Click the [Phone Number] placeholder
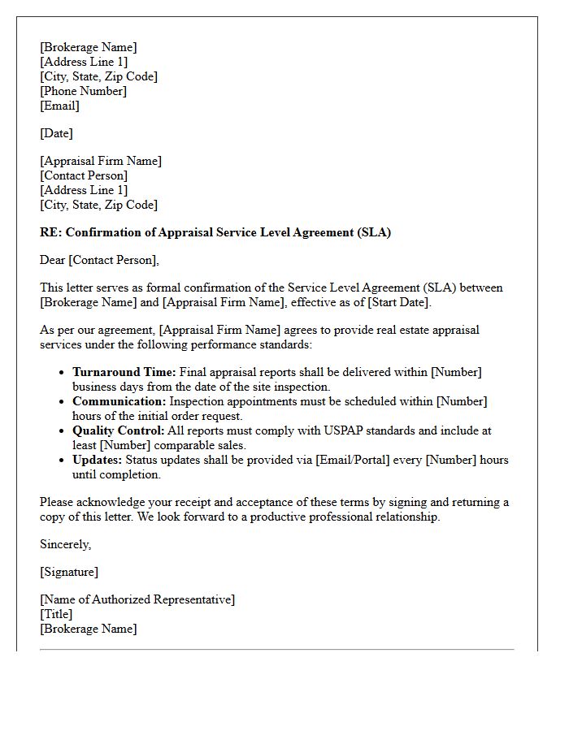click(83, 91)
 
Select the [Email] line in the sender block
click(59, 106)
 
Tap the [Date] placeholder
click(56, 133)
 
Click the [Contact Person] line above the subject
click(84, 175)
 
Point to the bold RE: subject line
click(215, 232)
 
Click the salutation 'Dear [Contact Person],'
click(99, 260)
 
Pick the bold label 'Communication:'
click(119, 401)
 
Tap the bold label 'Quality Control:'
click(119, 430)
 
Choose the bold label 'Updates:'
click(98, 460)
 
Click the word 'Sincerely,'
click(65, 544)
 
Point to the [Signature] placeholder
click(69, 572)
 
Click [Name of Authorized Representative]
click(137, 599)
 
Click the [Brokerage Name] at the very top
click(89, 47)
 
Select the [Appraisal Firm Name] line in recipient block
click(101, 161)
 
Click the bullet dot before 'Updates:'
click(63, 461)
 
